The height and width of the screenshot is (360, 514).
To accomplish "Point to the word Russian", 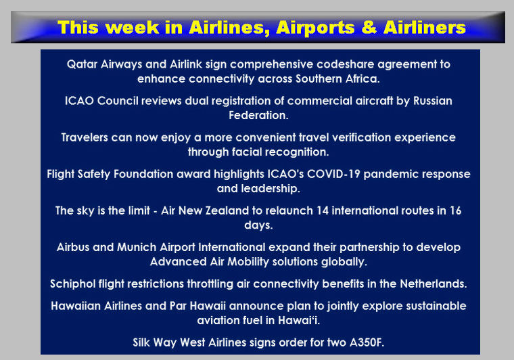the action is click(x=432, y=101).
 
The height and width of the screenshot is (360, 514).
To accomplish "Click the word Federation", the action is click(x=258, y=115).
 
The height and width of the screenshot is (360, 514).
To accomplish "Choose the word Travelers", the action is click(x=85, y=137).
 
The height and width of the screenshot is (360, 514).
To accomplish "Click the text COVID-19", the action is click(x=333, y=174).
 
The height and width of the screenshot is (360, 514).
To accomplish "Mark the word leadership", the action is click(x=271, y=189).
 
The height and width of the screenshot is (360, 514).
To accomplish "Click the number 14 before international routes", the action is click(x=322, y=210).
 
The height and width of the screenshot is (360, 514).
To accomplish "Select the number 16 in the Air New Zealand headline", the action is click(x=455, y=210).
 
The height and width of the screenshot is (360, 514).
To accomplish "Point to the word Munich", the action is click(x=137, y=247).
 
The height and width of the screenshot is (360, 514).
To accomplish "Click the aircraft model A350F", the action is click(x=367, y=342).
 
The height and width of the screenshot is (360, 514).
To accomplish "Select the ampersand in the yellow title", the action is click(x=369, y=27).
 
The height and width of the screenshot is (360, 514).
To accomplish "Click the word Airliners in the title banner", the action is click(x=425, y=27).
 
